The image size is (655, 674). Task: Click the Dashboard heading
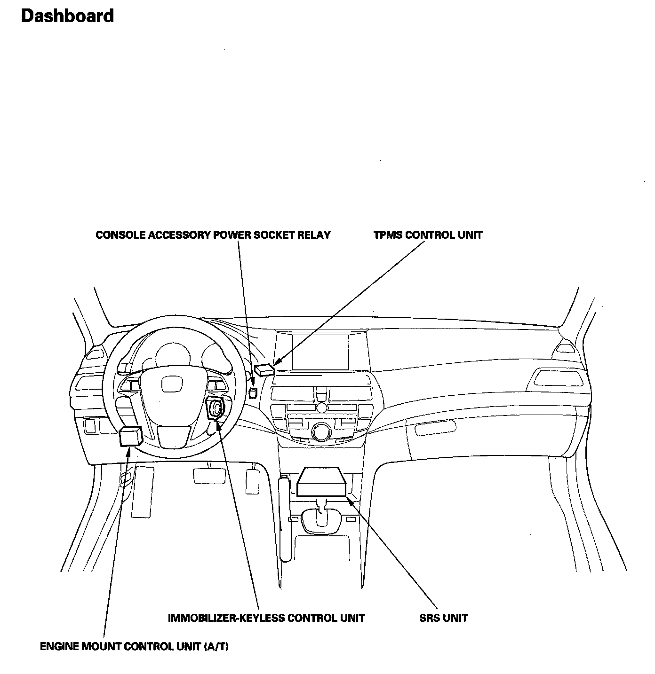(67, 16)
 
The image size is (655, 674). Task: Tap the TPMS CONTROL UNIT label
(428, 235)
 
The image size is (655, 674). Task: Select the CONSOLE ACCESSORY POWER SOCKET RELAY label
(213, 235)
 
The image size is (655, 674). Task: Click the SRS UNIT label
(443, 618)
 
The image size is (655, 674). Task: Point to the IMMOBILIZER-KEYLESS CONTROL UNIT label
(266, 618)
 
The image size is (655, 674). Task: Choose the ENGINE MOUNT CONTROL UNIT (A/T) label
(134, 646)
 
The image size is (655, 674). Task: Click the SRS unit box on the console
(323, 481)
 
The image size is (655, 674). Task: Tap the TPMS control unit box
(264, 369)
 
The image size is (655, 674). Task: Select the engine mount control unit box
(131, 437)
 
